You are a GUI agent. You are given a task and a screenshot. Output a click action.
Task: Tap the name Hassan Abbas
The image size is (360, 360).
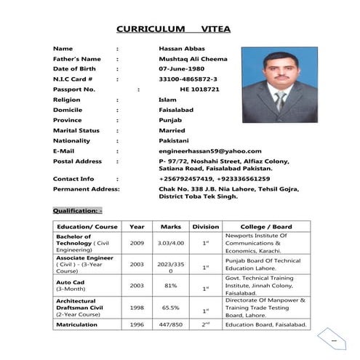(178, 48)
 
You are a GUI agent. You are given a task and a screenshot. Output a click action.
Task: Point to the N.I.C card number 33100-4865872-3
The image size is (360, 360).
(188, 79)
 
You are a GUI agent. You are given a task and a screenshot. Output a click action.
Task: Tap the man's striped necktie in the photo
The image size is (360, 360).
(280, 100)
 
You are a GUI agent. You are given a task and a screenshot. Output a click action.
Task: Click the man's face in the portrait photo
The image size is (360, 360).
(280, 73)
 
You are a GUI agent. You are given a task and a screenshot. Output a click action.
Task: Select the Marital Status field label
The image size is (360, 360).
(77, 130)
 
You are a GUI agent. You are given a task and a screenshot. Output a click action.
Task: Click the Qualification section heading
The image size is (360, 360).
(77, 210)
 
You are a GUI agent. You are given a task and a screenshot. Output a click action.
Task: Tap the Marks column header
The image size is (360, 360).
(170, 226)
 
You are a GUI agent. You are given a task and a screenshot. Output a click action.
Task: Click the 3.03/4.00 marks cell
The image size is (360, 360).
(170, 242)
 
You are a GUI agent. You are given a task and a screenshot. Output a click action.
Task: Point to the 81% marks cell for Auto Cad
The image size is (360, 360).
(170, 286)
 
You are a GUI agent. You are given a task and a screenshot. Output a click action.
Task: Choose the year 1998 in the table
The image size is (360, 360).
(137, 308)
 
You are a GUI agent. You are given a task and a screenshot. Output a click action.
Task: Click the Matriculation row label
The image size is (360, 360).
(78, 324)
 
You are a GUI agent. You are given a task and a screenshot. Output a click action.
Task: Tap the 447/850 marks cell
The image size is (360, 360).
(170, 324)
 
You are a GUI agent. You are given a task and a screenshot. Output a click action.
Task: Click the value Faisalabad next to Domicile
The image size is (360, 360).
(175, 110)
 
